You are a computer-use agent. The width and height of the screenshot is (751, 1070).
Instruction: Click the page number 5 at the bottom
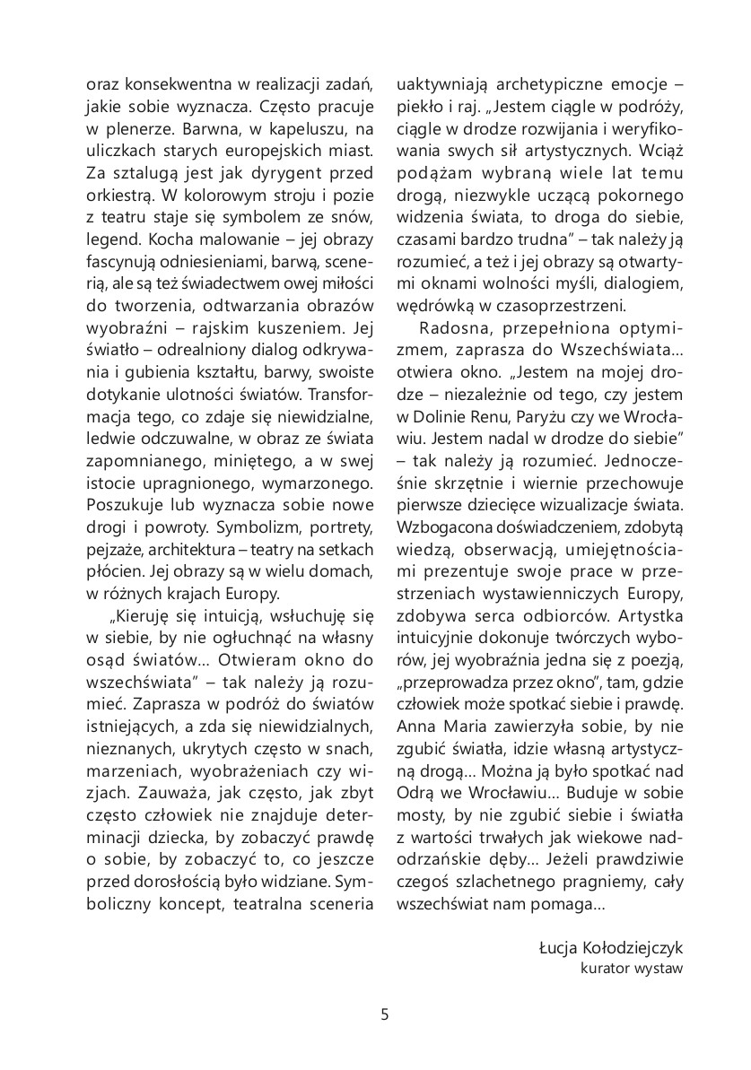(x=384, y=1015)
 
